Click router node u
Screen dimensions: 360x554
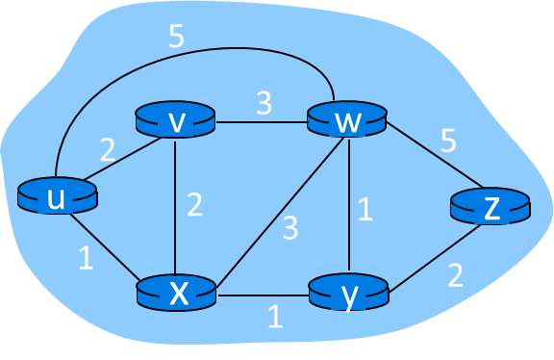point(58,197)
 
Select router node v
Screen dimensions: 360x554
point(175,121)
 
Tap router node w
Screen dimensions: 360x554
point(346,121)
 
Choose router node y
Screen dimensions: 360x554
point(348,292)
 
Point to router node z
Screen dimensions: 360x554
point(490,208)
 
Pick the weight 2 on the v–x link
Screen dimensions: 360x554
point(194,205)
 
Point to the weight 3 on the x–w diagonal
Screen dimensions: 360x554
point(289,228)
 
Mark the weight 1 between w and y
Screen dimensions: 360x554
point(364,210)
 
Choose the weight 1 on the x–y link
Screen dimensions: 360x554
point(275,316)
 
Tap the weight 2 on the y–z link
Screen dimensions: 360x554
point(455,276)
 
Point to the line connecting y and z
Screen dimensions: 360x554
point(433,254)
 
